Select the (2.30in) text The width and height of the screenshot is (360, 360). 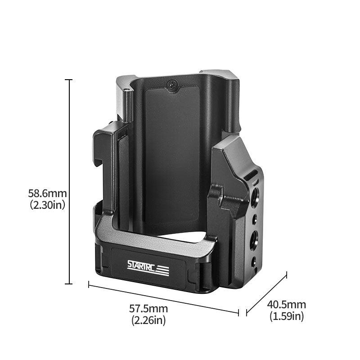click(x=48, y=205)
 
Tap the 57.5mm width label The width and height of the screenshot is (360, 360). click(x=148, y=309)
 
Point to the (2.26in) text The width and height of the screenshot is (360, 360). click(x=148, y=320)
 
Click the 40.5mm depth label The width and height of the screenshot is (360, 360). click(x=287, y=305)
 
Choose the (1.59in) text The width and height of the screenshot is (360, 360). click(x=287, y=316)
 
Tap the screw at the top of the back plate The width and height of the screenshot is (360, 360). click(x=172, y=84)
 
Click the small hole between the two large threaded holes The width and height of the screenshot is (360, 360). click(x=255, y=218)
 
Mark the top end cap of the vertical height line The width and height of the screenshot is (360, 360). click(x=68, y=80)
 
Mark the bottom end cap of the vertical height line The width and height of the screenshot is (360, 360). click(x=68, y=283)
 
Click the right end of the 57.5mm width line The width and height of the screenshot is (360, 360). click(x=238, y=311)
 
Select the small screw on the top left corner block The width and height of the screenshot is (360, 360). click(x=126, y=90)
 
